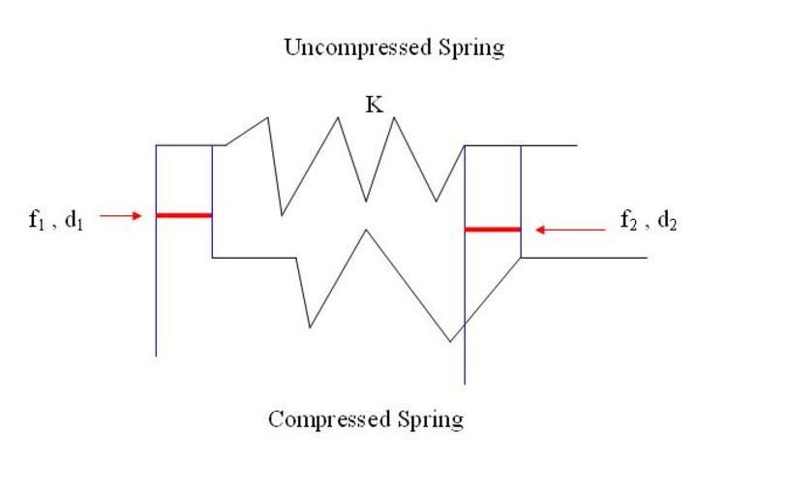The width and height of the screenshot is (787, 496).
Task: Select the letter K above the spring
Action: click(375, 106)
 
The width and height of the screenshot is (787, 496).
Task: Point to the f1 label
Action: click(36, 219)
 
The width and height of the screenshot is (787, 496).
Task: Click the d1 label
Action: click(73, 219)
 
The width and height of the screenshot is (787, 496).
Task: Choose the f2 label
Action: click(628, 221)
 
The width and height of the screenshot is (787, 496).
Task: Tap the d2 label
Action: click(667, 221)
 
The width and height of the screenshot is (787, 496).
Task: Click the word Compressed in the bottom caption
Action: click(327, 419)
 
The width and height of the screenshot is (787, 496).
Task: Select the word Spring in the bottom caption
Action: click(431, 419)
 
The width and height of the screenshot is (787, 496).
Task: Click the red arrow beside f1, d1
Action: click(121, 216)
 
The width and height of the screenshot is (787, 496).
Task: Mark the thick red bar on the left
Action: click(184, 214)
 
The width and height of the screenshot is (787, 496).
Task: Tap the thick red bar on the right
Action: click(493, 230)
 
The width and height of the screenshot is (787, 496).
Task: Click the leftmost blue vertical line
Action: click(156, 291)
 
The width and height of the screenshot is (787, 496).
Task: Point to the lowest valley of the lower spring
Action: click(450, 341)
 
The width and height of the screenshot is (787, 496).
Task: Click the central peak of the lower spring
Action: click(365, 230)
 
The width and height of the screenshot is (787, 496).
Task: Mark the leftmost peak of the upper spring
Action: click(267, 118)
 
